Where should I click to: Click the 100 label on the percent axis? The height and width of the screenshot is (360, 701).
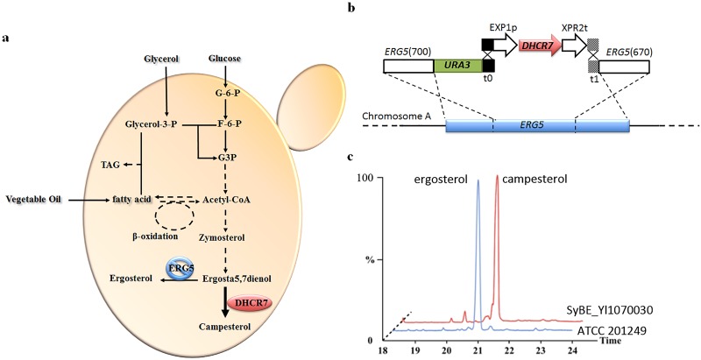point(379,180)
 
